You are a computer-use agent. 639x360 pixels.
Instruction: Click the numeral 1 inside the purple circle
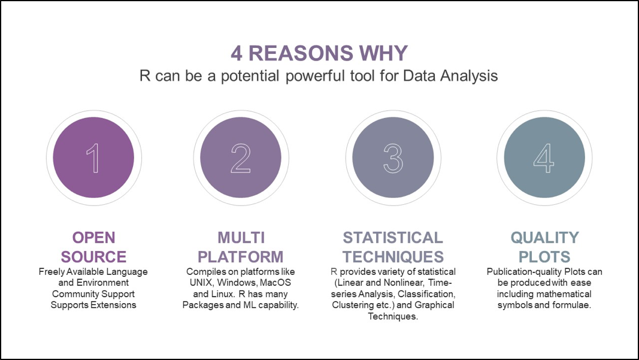point(93,158)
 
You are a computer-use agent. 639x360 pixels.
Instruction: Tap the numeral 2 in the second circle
point(240,158)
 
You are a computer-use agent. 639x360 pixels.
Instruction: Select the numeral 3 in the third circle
point(393,158)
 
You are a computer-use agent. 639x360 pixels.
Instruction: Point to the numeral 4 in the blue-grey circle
point(544,158)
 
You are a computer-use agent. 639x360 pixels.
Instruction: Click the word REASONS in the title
point(301,53)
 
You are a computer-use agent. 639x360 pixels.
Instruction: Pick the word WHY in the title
point(383,53)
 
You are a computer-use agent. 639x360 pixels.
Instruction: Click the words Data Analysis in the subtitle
point(450,76)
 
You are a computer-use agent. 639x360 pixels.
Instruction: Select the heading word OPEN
point(94,237)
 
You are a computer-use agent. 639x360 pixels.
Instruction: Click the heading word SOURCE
point(94,257)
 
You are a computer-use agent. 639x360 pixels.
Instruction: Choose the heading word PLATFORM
point(240,257)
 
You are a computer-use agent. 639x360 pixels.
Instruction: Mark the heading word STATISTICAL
point(393,237)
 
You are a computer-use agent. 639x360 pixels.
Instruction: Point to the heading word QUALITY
point(545,237)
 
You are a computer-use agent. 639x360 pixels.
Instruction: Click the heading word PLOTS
point(544,257)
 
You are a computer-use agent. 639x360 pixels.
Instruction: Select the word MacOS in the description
point(275,283)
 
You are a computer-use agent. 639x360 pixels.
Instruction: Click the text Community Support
point(93,294)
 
